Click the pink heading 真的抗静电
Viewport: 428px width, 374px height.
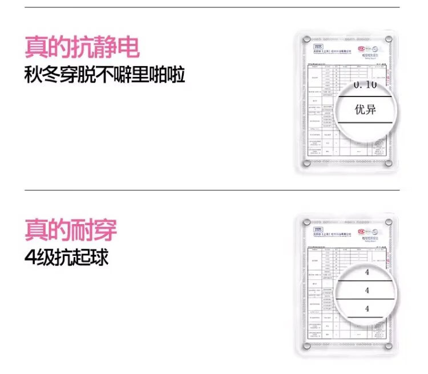tap(83, 47)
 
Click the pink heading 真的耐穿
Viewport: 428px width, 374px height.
tap(71, 230)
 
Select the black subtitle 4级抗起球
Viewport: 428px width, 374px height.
tap(67, 257)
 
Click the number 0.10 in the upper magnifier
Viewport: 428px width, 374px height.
tap(365, 85)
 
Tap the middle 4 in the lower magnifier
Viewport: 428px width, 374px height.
tap(367, 290)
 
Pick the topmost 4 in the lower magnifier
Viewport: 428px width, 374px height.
tap(367, 273)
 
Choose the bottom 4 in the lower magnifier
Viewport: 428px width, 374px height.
tap(367, 308)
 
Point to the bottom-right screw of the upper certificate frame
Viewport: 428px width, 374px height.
tap(388, 164)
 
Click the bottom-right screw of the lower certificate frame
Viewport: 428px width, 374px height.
tap(388, 346)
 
